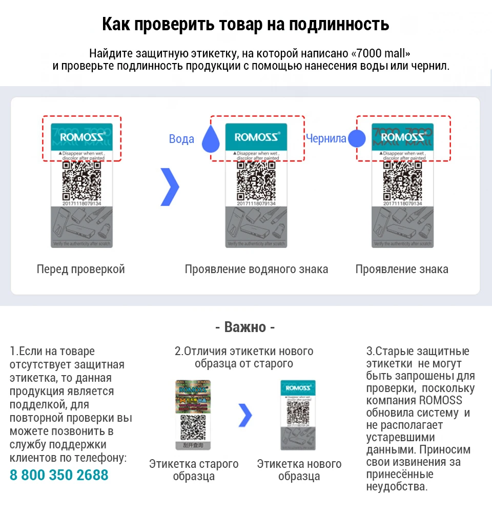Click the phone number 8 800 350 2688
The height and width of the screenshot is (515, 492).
pos(59,475)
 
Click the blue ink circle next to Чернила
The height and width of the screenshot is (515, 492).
pos(357,139)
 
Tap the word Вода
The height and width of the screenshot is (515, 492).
pos(181,139)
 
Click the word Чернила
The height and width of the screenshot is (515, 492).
pos(326,138)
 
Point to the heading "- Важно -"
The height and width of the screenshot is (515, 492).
pos(245,327)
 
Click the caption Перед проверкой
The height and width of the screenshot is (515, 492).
pos(80,269)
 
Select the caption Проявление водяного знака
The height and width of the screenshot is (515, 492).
pos(256,269)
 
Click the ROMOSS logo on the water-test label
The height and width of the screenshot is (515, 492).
pos(257,137)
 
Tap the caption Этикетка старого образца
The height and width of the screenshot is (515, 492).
pos(194,470)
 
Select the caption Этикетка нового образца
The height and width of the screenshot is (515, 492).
pos(299,470)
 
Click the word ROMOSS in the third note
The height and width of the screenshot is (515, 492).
pos(440,400)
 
